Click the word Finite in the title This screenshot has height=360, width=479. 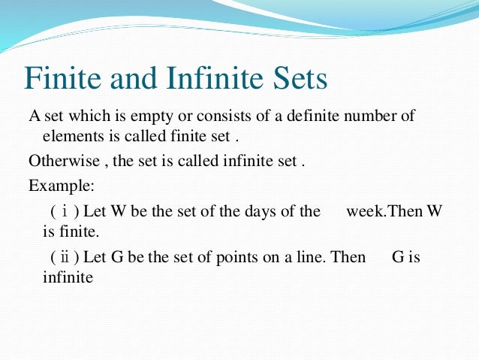(65, 78)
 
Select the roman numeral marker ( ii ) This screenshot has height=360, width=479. (65, 257)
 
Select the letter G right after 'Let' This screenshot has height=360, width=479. (116, 257)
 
